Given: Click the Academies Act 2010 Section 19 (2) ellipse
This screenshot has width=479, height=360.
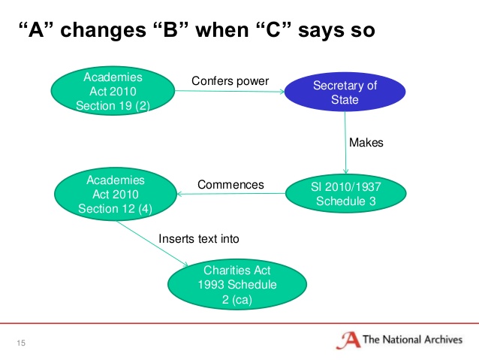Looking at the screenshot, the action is (113, 91).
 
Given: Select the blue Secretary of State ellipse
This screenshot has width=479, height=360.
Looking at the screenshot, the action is (345, 92).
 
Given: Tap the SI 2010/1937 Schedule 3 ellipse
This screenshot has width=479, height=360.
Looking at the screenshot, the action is (346, 193).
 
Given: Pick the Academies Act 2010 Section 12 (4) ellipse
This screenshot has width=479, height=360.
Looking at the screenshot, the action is (116, 194).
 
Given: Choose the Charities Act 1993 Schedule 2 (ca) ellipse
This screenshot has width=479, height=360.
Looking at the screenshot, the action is (237, 284).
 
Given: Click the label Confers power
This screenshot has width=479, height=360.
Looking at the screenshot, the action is (230, 81).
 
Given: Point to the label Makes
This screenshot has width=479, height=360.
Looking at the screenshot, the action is (366, 143).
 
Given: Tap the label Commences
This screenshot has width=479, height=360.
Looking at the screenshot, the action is (230, 185).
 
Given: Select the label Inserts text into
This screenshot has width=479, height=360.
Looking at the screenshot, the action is (198, 238).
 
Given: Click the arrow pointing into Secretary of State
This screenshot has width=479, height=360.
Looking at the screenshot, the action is (230, 91).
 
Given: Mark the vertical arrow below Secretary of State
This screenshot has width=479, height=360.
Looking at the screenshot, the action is (345, 143).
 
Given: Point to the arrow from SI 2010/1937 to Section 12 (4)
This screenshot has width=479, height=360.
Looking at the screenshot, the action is (231, 194).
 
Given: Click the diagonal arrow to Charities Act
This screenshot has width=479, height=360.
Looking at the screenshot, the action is (152, 244).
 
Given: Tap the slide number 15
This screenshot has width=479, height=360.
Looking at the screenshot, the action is (21, 343).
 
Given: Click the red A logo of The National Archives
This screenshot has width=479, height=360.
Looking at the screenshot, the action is (348, 340).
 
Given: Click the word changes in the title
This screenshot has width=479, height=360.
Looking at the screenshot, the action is (104, 30).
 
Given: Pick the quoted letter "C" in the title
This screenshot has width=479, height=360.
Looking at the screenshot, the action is (273, 30).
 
